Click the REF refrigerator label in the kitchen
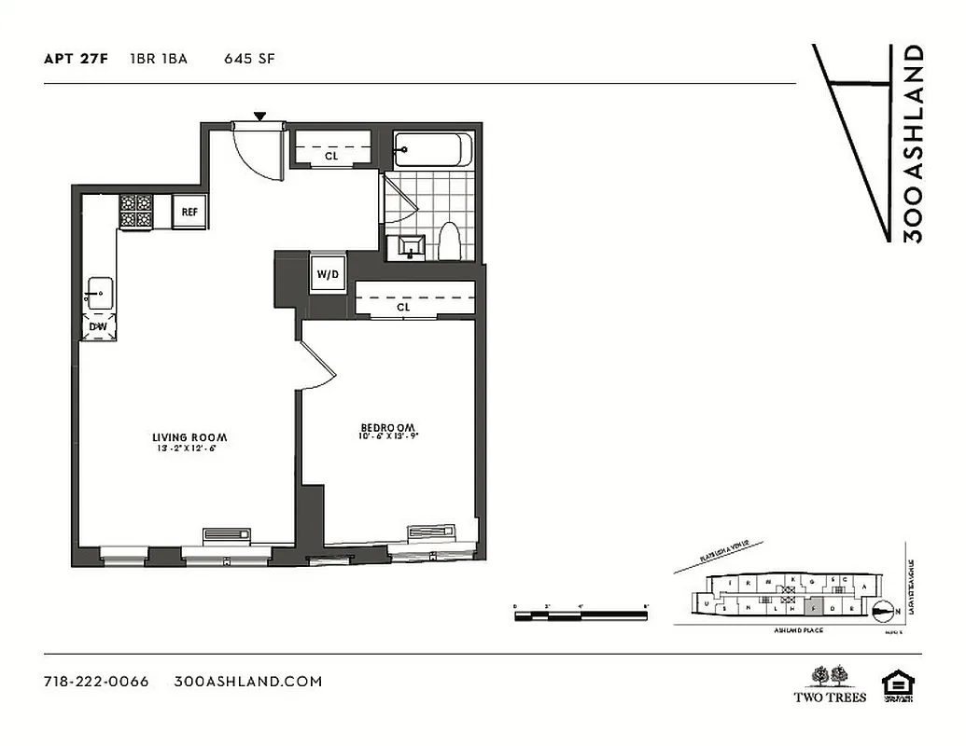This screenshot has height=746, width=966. (x=189, y=212)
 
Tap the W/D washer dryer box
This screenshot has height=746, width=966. (x=328, y=275)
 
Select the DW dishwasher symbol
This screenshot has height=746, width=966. (x=97, y=327)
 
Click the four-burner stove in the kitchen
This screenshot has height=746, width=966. (x=135, y=212)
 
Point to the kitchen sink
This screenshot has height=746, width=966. (x=99, y=294)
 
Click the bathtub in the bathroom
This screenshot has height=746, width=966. (x=432, y=150)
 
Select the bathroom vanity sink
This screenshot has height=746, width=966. (x=409, y=247)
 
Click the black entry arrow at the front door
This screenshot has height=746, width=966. (x=260, y=116)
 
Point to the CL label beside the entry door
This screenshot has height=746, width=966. (x=331, y=157)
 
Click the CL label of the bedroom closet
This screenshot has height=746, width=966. (x=403, y=307)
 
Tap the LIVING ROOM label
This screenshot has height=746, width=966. (x=189, y=437)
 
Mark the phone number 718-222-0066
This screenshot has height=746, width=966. (x=96, y=681)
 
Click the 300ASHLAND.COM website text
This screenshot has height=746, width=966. (x=248, y=681)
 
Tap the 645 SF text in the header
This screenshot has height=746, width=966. (x=248, y=59)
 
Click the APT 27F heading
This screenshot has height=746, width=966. (x=76, y=59)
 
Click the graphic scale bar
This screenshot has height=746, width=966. (x=581, y=615)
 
